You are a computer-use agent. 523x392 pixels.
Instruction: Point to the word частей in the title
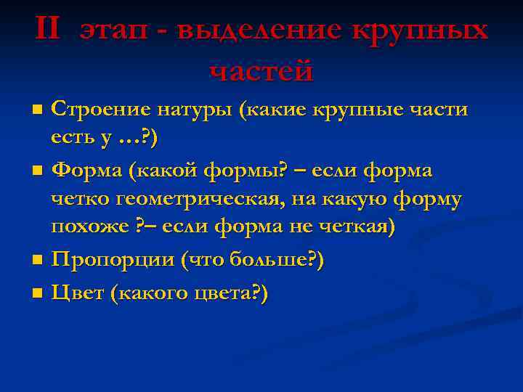261,70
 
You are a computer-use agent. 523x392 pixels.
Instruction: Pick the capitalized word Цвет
78,293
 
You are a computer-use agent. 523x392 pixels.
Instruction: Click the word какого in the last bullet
154,293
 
